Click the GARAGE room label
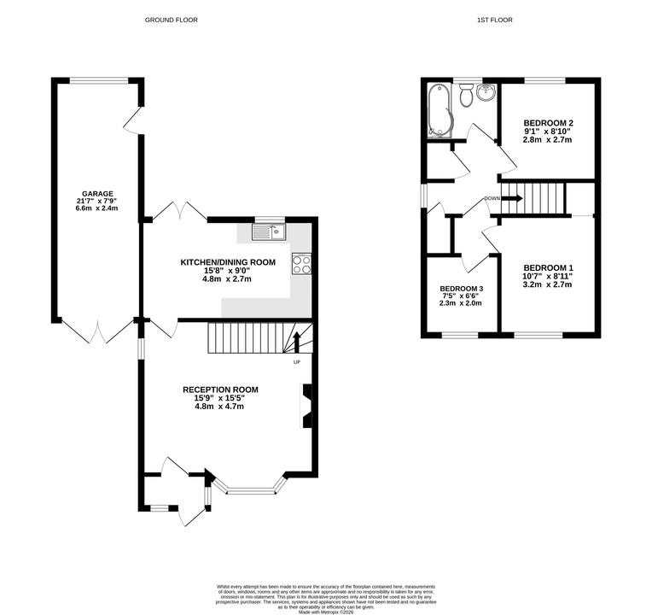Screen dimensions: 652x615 (97, 194)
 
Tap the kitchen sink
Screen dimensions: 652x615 (268, 231)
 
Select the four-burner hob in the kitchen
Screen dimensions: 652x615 (301, 264)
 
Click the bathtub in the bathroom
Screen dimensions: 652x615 (440, 111)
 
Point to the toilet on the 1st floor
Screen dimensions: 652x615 (466, 95)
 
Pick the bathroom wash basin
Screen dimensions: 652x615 (486, 92)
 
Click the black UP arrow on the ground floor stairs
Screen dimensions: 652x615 (296, 342)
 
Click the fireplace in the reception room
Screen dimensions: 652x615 (306, 406)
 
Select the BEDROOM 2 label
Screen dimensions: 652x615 (548, 123)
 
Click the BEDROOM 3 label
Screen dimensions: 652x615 (461, 289)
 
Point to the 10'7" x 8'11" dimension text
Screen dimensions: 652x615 (548, 276)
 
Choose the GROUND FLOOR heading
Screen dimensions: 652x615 (172, 20)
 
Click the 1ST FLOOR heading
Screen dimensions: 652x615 (495, 20)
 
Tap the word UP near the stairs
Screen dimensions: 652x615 (297, 362)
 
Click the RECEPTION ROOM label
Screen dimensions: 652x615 (220, 389)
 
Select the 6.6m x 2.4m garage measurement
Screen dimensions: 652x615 (97, 208)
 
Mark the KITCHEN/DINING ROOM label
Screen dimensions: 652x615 (228, 262)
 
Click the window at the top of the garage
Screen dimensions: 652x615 (98, 81)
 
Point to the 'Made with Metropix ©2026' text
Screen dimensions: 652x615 (326, 612)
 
